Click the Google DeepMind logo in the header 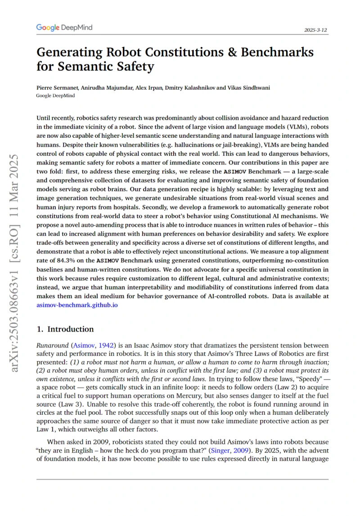point(64,28)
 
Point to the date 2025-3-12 point(316,30)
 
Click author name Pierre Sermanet point(57,87)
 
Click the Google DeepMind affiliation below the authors point(55,95)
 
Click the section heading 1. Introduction point(65,329)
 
